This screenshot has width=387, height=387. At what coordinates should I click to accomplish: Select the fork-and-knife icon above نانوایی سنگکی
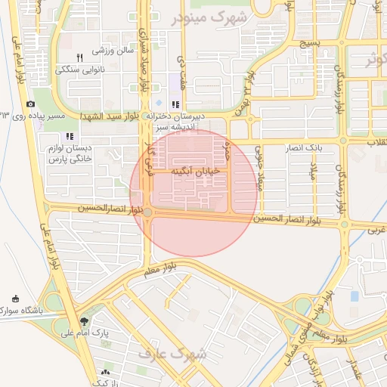(79, 57)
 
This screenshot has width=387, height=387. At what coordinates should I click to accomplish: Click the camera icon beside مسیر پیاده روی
(30, 104)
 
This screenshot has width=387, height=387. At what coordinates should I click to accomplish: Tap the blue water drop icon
(158, 103)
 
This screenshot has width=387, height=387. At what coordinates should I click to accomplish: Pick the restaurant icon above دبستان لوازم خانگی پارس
(70, 138)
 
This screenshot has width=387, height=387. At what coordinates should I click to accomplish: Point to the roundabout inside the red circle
(148, 212)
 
